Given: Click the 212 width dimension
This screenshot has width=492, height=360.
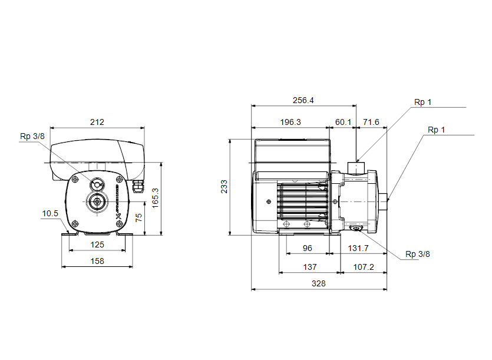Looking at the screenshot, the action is pyautogui.click(x=97, y=122).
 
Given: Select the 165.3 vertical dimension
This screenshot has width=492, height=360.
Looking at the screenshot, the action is pyautogui.click(x=156, y=198).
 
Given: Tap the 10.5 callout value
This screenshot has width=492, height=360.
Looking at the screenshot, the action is pyautogui.click(x=50, y=214).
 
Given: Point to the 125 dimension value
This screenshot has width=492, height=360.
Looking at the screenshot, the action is pyautogui.click(x=97, y=245).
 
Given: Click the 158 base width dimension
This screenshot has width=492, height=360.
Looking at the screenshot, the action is pyautogui.click(x=97, y=261).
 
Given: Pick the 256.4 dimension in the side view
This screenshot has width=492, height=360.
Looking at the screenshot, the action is pyautogui.click(x=303, y=100).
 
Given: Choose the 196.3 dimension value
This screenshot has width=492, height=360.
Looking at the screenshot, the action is pyautogui.click(x=290, y=122).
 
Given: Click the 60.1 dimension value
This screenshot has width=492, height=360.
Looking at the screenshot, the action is pyautogui.click(x=343, y=122).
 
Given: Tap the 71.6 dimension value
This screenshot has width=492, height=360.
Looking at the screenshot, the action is pyautogui.click(x=371, y=122).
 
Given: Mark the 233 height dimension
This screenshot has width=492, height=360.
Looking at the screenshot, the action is pyautogui.click(x=224, y=186).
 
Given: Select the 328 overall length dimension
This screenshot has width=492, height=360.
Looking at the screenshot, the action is pyautogui.click(x=319, y=284).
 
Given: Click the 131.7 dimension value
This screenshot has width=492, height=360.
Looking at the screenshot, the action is pyautogui.click(x=358, y=248).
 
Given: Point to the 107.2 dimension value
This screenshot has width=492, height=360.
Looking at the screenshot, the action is pyautogui.click(x=364, y=267).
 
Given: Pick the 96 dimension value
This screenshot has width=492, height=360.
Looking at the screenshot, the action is pyautogui.click(x=308, y=248).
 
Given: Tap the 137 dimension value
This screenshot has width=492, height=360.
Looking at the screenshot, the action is pyautogui.click(x=310, y=267).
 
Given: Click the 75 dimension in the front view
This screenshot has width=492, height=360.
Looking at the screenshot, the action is pyautogui.click(x=138, y=218).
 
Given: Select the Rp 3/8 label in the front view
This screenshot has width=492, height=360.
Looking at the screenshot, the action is pyautogui.click(x=32, y=137).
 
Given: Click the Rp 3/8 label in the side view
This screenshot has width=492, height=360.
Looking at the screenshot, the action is pyautogui.click(x=418, y=254).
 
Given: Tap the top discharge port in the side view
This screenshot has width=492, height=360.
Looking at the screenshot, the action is pyautogui.click(x=356, y=167).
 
